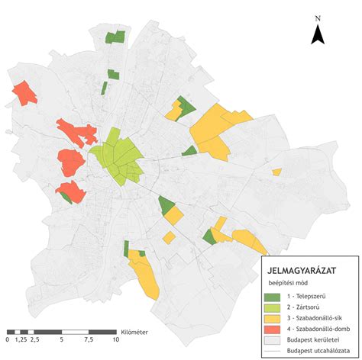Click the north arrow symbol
point(318,34)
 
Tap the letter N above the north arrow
point(318,16)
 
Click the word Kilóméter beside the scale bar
point(134,332)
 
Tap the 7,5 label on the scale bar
point(89,341)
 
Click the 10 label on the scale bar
point(115,341)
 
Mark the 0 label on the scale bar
point(8,341)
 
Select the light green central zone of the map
point(116,156)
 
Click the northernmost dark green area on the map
point(115,37)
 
